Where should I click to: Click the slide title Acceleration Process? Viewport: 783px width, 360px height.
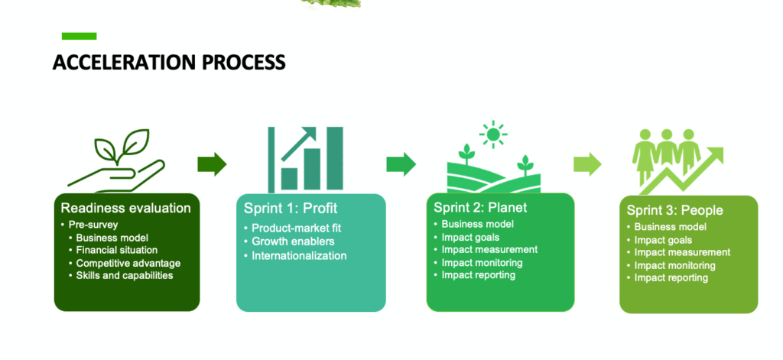click(169, 62)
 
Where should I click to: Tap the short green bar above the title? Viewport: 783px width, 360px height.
click(79, 36)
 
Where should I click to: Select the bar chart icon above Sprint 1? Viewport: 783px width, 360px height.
click(305, 159)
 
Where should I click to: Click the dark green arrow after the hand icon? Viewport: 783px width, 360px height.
click(212, 164)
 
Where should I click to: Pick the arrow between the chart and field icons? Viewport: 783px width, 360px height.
click(401, 164)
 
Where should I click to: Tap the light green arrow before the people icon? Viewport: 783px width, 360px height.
click(587, 164)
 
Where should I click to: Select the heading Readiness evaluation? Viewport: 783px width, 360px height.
click(125, 208)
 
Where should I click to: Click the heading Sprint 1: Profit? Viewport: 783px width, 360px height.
click(291, 209)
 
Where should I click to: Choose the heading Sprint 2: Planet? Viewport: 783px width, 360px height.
click(480, 208)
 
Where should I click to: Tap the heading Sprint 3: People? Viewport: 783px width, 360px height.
click(674, 210)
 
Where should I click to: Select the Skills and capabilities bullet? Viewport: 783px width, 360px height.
click(125, 275)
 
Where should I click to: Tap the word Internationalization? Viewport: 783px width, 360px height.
click(299, 255)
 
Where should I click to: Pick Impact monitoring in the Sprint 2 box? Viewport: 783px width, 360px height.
click(482, 262)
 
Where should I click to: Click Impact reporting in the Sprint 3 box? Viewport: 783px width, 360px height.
click(671, 277)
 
